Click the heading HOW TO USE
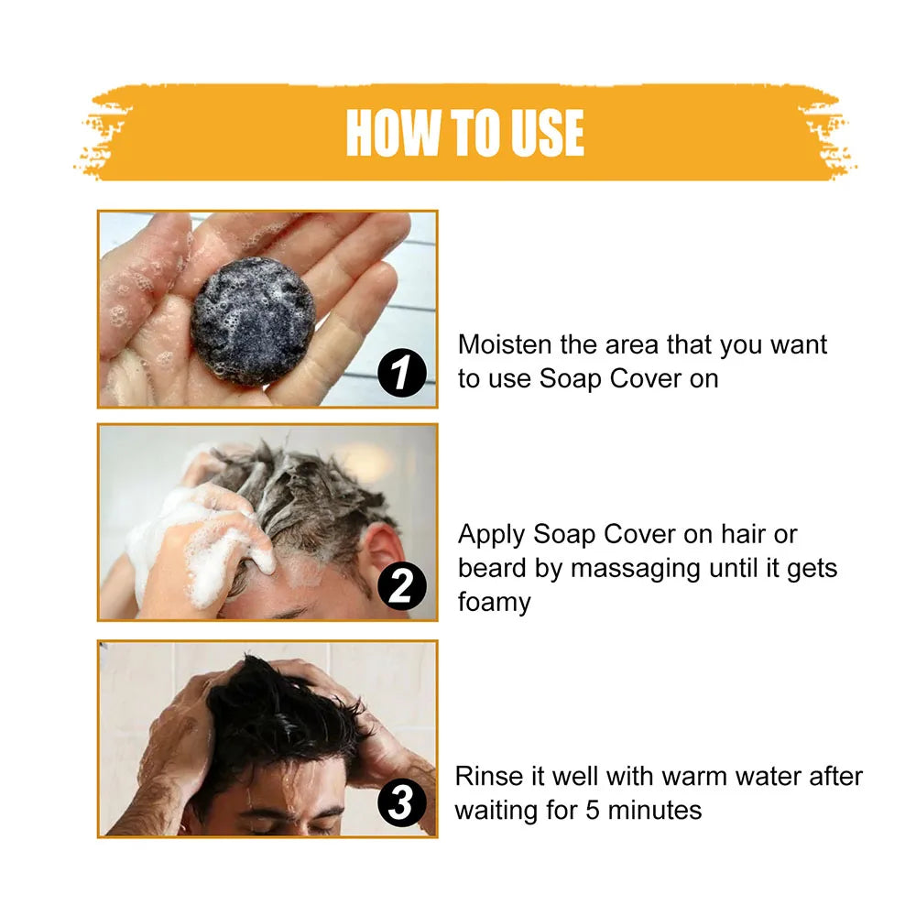coord(464,134)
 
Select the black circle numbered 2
coord(402,587)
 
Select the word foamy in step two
coord(495,602)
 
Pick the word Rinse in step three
coord(488,777)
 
